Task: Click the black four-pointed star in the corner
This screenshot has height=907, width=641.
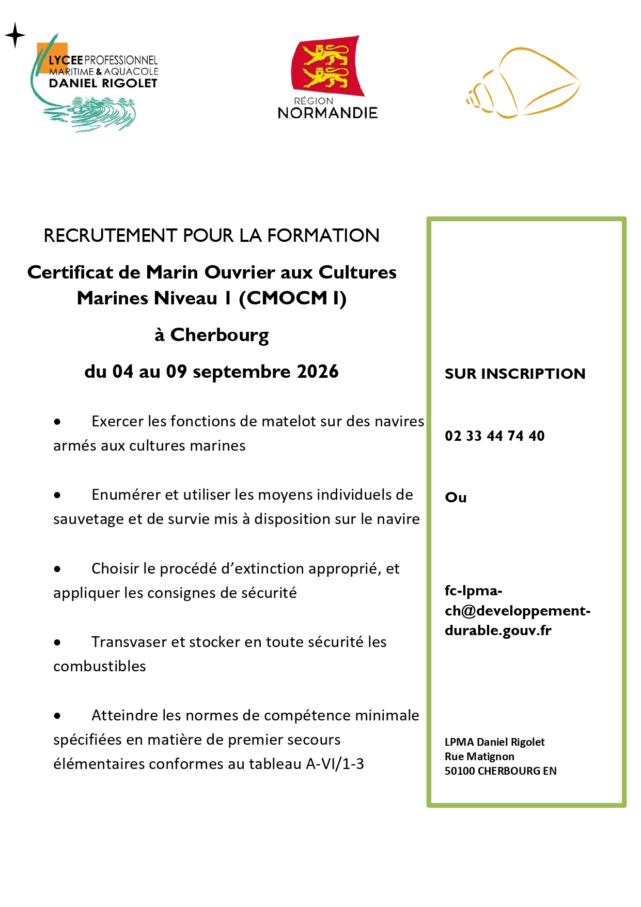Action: (15, 35)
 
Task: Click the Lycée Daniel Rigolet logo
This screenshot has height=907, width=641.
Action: (96, 83)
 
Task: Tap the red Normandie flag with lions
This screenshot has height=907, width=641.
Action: (327, 66)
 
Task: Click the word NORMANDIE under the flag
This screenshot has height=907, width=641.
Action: (327, 113)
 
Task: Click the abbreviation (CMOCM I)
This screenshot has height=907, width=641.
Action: (292, 298)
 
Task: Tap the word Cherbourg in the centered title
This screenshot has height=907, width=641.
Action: (220, 335)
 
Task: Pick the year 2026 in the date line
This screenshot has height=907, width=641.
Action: (318, 372)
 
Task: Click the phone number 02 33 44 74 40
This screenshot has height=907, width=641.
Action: (494, 436)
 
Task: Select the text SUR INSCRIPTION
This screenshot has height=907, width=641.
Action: (515, 374)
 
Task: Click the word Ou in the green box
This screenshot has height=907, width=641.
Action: (456, 497)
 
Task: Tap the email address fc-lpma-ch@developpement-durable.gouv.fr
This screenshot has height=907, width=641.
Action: (517, 610)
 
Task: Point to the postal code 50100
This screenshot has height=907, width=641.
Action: (460, 771)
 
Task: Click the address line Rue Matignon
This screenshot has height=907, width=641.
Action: (479, 757)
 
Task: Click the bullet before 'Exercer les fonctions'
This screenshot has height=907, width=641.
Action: (57, 422)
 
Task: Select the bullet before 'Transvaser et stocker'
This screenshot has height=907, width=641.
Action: (57, 642)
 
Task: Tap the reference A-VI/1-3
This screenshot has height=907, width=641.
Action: (335, 764)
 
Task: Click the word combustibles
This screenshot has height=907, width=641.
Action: (100, 666)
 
